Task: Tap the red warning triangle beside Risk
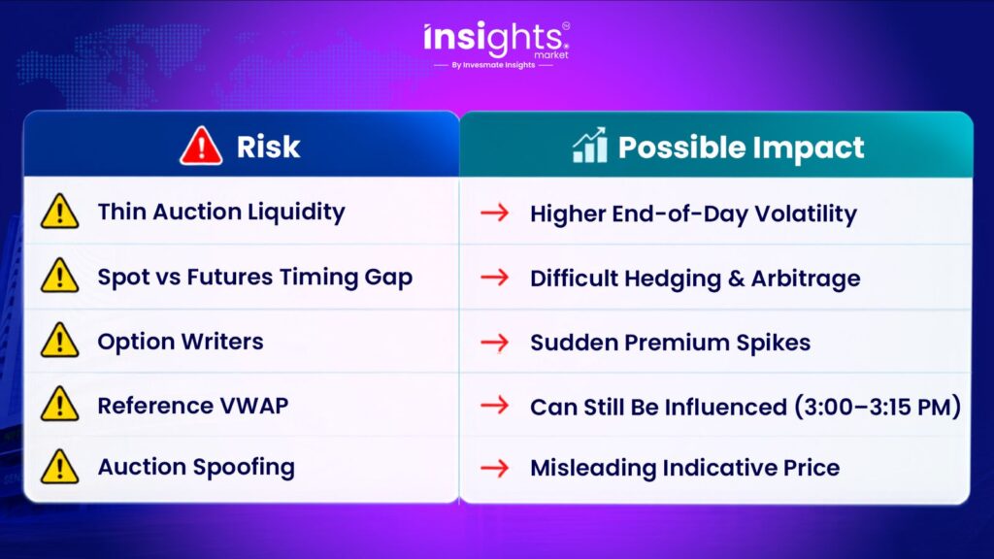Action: click(x=201, y=147)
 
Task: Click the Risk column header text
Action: click(x=268, y=148)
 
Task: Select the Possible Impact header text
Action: click(x=741, y=148)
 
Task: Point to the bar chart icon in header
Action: click(x=590, y=146)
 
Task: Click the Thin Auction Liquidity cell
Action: click(x=221, y=212)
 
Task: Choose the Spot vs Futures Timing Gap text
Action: click(x=255, y=277)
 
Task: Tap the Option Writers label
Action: click(x=180, y=342)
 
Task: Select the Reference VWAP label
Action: click(x=193, y=406)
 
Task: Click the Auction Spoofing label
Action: click(x=196, y=467)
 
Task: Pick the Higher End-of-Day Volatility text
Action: click(x=693, y=214)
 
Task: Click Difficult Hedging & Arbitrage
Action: click(x=695, y=279)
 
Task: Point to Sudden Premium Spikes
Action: click(x=670, y=343)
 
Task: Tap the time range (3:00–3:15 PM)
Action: click(x=878, y=407)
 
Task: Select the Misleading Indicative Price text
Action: click(x=684, y=468)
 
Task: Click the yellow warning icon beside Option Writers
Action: click(x=59, y=340)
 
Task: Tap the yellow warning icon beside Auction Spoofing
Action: click(x=59, y=467)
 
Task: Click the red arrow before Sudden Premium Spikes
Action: click(x=494, y=343)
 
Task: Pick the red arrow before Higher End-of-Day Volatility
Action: click(x=494, y=213)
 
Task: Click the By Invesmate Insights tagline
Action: click(x=493, y=65)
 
